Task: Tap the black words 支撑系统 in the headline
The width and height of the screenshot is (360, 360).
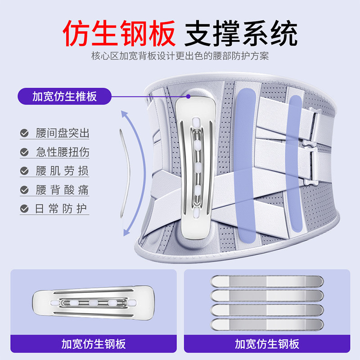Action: tap(242, 33)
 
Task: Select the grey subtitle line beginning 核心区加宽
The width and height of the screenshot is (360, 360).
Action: tap(180, 57)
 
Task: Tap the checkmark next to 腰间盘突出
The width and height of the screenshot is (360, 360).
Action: tap(24, 133)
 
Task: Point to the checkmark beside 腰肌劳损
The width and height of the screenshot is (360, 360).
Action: tap(24, 171)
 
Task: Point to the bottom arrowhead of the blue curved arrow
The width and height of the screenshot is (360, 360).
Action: tap(127, 232)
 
